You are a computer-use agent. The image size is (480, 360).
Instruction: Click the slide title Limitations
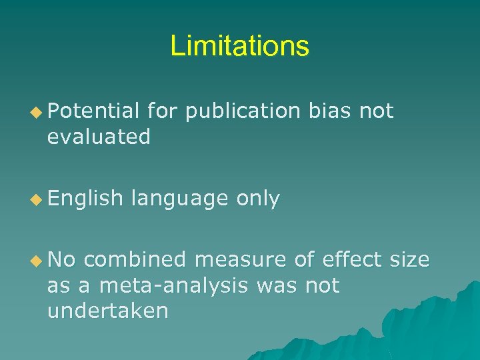pos(240,46)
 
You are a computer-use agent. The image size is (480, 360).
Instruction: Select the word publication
pos(243,111)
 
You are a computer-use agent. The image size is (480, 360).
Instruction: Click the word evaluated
pos(99,137)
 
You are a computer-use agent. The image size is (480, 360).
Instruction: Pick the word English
pos(85,198)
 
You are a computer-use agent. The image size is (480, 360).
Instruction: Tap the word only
pos(257,199)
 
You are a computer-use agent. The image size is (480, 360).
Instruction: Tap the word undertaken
pos(107,310)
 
